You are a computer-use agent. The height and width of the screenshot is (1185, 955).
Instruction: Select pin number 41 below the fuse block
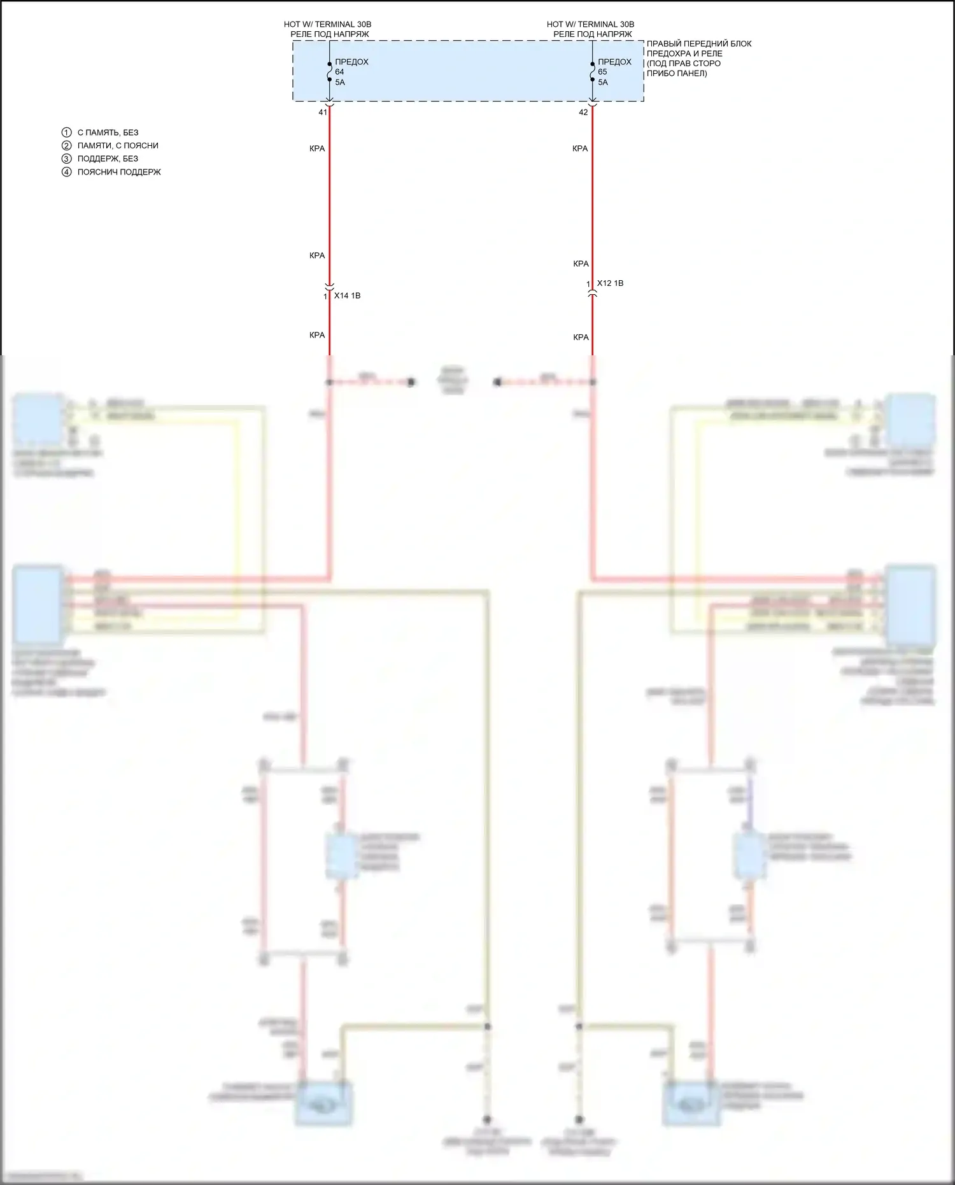click(x=323, y=112)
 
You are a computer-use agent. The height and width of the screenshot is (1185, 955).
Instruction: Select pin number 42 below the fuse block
click(x=583, y=112)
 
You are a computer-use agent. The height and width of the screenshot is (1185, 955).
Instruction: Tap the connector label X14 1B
click(x=347, y=295)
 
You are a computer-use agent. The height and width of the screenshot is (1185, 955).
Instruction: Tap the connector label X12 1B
click(x=610, y=283)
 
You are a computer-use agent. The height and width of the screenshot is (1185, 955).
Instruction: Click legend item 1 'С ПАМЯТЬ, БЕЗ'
click(x=108, y=132)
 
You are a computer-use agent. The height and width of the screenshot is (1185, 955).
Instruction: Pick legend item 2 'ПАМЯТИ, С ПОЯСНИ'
click(x=118, y=145)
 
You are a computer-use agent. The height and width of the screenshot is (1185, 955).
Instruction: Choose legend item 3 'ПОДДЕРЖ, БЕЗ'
click(x=108, y=159)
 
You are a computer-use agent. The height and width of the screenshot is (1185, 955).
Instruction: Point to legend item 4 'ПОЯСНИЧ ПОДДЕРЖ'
click(x=119, y=172)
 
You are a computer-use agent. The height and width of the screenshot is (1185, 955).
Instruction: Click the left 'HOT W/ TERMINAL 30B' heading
click(x=327, y=24)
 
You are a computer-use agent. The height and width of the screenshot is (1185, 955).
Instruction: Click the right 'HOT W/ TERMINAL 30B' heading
click(x=590, y=24)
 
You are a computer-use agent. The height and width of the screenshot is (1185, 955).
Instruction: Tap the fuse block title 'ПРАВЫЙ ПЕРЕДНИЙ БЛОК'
click(x=699, y=43)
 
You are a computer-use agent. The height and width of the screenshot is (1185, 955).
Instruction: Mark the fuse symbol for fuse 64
click(x=330, y=72)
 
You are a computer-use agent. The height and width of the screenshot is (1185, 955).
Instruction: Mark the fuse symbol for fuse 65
click(x=593, y=72)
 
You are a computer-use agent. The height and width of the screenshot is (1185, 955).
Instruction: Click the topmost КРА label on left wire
click(x=317, y=148)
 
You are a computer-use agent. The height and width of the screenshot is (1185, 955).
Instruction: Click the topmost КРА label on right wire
click(x=580, y=148)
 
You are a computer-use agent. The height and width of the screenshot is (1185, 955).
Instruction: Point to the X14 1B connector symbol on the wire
click(x=330, y=287)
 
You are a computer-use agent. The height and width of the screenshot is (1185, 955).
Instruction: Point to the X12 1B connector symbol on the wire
click(x=593, y=292)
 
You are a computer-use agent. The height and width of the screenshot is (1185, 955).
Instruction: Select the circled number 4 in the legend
click(x=67, y=172)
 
